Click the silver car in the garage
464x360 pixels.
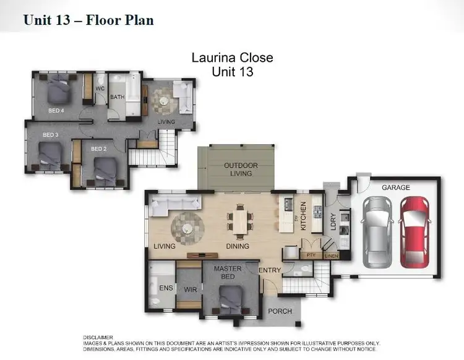point(376,232)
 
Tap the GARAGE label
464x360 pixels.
point(396,187)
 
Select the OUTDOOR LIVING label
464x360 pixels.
point(241,169)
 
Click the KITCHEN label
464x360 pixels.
point(303,216)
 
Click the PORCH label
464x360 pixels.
point(280,311)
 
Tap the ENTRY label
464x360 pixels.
point(270,270)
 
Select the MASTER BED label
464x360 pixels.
point(227,273)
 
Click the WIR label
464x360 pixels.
point(190,289)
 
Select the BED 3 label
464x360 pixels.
point(50,135)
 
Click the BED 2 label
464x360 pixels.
point(99,148)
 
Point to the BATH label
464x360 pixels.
point(118,97)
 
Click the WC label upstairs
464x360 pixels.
point(99,88)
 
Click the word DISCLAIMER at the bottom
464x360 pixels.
point(99,337)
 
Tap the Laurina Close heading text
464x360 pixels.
point(233,58)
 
